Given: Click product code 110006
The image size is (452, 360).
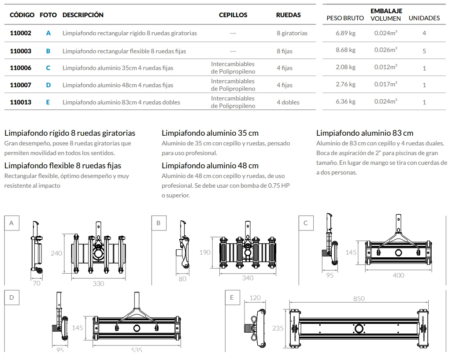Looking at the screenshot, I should click(20, 68).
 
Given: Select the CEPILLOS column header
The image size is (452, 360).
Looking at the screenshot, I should click(233, 15).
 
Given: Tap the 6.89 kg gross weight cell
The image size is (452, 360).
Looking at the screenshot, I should click(345, 33).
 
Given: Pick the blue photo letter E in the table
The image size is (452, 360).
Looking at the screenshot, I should click(48, 102).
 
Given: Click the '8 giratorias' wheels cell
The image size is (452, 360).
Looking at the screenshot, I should click(292, 33).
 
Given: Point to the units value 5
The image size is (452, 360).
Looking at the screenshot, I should click(424, 51).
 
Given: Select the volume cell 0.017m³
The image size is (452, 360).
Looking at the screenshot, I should click(385, 84).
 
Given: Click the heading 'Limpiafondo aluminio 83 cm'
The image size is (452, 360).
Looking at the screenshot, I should click(365, 133).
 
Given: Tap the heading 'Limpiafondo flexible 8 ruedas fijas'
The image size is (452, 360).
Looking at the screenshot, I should click(63, 166).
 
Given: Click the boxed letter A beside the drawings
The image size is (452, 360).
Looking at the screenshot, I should click(11, 223).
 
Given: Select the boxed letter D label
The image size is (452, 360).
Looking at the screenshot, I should click(11, 297).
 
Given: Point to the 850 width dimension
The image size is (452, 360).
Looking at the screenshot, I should click(359, 298).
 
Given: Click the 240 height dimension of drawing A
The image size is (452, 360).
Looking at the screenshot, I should click(56, 253).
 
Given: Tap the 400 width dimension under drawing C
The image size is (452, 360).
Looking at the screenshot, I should click(398, 275).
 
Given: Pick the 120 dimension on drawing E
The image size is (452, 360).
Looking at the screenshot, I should click(255, 298).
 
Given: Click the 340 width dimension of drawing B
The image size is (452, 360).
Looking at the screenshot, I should click(248, 278).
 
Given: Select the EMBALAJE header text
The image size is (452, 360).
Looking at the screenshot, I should click(386, 11).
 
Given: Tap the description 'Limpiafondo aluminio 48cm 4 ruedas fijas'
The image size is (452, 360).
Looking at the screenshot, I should click(118, 85).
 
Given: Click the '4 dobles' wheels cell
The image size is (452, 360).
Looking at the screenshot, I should click(288, 102).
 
